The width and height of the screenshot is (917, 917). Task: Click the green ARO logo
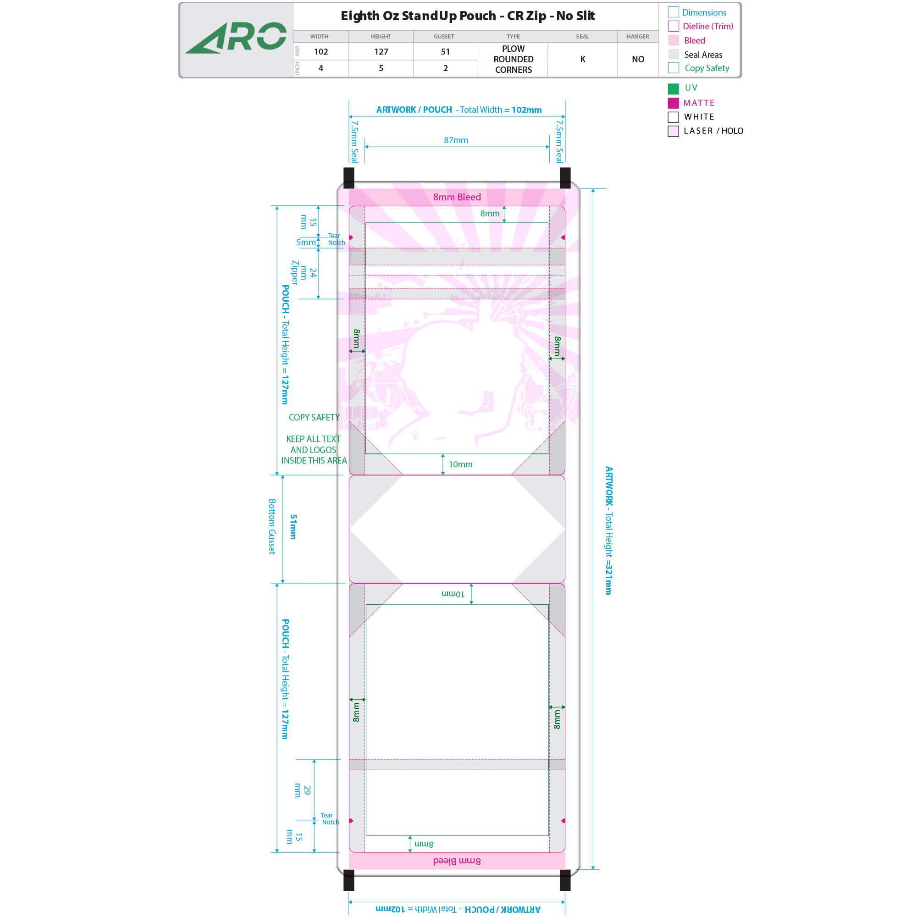[x=236, y=38]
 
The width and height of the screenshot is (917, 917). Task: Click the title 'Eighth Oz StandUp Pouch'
[x=418, y=16]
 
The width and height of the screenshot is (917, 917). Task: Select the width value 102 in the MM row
[x=321, y=52]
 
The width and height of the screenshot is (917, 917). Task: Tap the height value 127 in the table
[x=381, y=52]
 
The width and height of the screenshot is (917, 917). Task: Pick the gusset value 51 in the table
[x=445, y=52]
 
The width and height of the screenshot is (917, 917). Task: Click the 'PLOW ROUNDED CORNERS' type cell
[x=513, y=59]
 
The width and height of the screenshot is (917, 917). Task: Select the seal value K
[x=583, y=59]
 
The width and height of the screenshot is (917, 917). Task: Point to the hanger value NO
[x=638, y=59]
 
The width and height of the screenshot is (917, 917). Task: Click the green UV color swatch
[x=673, y=89]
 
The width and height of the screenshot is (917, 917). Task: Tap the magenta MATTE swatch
[x=673, y=103]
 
